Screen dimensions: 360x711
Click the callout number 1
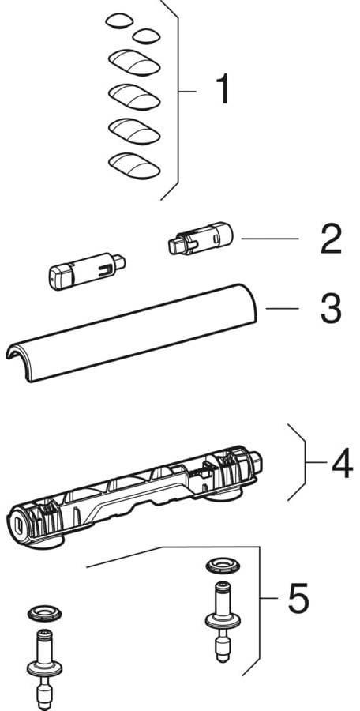(222, 90)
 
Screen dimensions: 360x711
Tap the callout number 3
(331, 308)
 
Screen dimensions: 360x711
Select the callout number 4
(342, 463)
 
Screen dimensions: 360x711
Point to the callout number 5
(298, 599)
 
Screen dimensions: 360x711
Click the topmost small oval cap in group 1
(120, 21)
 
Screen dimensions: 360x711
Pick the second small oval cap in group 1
(146, 36)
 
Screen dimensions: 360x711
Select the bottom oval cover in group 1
(134, 165)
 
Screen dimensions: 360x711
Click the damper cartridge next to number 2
(200, 238)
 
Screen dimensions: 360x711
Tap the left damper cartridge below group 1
(87, 270)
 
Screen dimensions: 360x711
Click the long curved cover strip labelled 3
(132, 333)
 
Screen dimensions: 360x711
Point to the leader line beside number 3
(282, 308)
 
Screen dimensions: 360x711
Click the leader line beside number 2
(269, 239)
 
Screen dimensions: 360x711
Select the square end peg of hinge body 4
(257, 461)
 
